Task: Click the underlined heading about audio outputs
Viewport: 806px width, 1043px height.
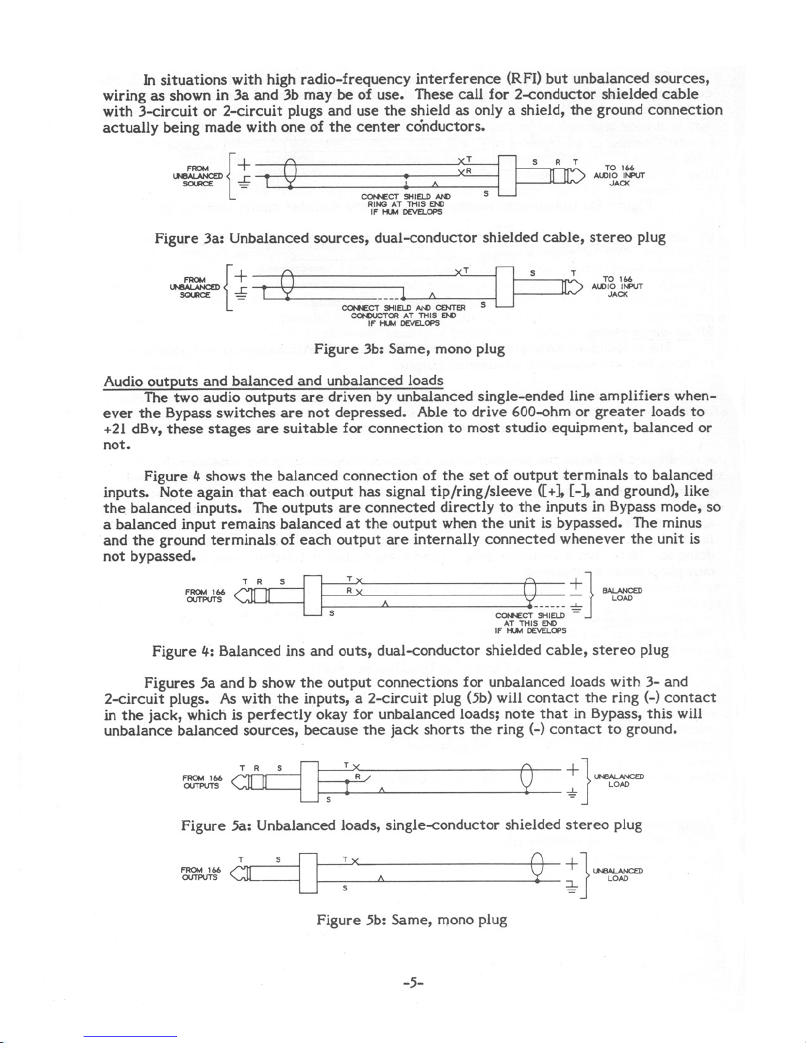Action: click(273, 381)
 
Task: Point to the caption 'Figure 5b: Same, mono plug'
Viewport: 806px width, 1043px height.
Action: click(411, 919)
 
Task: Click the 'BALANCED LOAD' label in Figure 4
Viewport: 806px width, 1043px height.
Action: click(622, 594)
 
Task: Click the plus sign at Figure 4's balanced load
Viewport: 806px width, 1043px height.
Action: click(574, 582)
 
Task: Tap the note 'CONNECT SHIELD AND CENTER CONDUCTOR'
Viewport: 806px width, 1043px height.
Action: click(404, 315)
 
